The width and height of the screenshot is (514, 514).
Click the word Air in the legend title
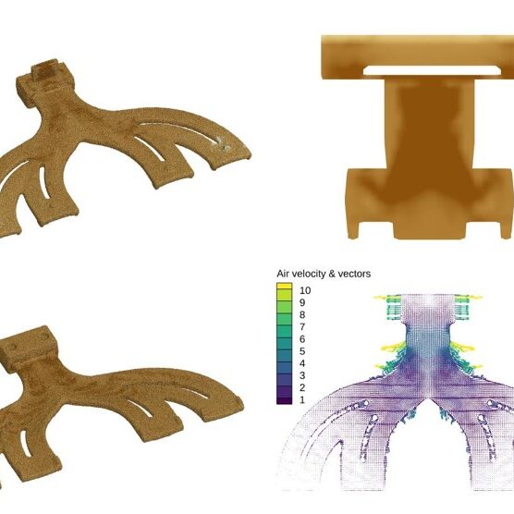pyautogui.click(x=282, y=274)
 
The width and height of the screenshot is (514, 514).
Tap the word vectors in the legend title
pyautogui.click(x=354, y=274)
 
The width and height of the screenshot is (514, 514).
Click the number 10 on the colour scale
pyautogui.click(x=305, y=290)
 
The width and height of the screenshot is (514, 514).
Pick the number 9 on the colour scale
pyautogui.click(x=302, y=302)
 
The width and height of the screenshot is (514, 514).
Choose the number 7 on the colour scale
pyautogui.click(x=302, y=327)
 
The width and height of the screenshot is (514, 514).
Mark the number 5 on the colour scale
pyautogui.click(x=302, y=351)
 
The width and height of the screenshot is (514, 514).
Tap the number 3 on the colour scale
pyautogui.click(x=302, y=375)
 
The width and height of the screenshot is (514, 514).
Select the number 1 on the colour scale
pyautogui.click(x=302, y=399)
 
